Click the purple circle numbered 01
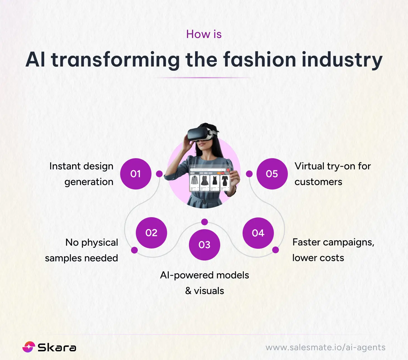(x=136, y=174)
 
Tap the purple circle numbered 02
(x=151, y=233)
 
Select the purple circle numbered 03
(x=204, y=245)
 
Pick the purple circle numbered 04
(x=258, y=233)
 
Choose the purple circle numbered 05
(x=272, y=174)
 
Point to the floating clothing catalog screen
(x=209, y=179)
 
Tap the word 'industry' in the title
(x=342, y=60)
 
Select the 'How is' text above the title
(x=204, y=34)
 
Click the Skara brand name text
(x=57, y=347)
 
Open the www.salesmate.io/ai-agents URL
(x=325, y=347)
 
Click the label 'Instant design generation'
(x=82, y=174)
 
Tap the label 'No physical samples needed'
(x=82, y=250)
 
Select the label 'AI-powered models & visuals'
(x=204, y=283)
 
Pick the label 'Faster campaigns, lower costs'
(x=333, y=250)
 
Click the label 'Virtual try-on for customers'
(x=333, y=174)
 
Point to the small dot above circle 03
(x=205, y=222)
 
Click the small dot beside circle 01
(x=159, y=174)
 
